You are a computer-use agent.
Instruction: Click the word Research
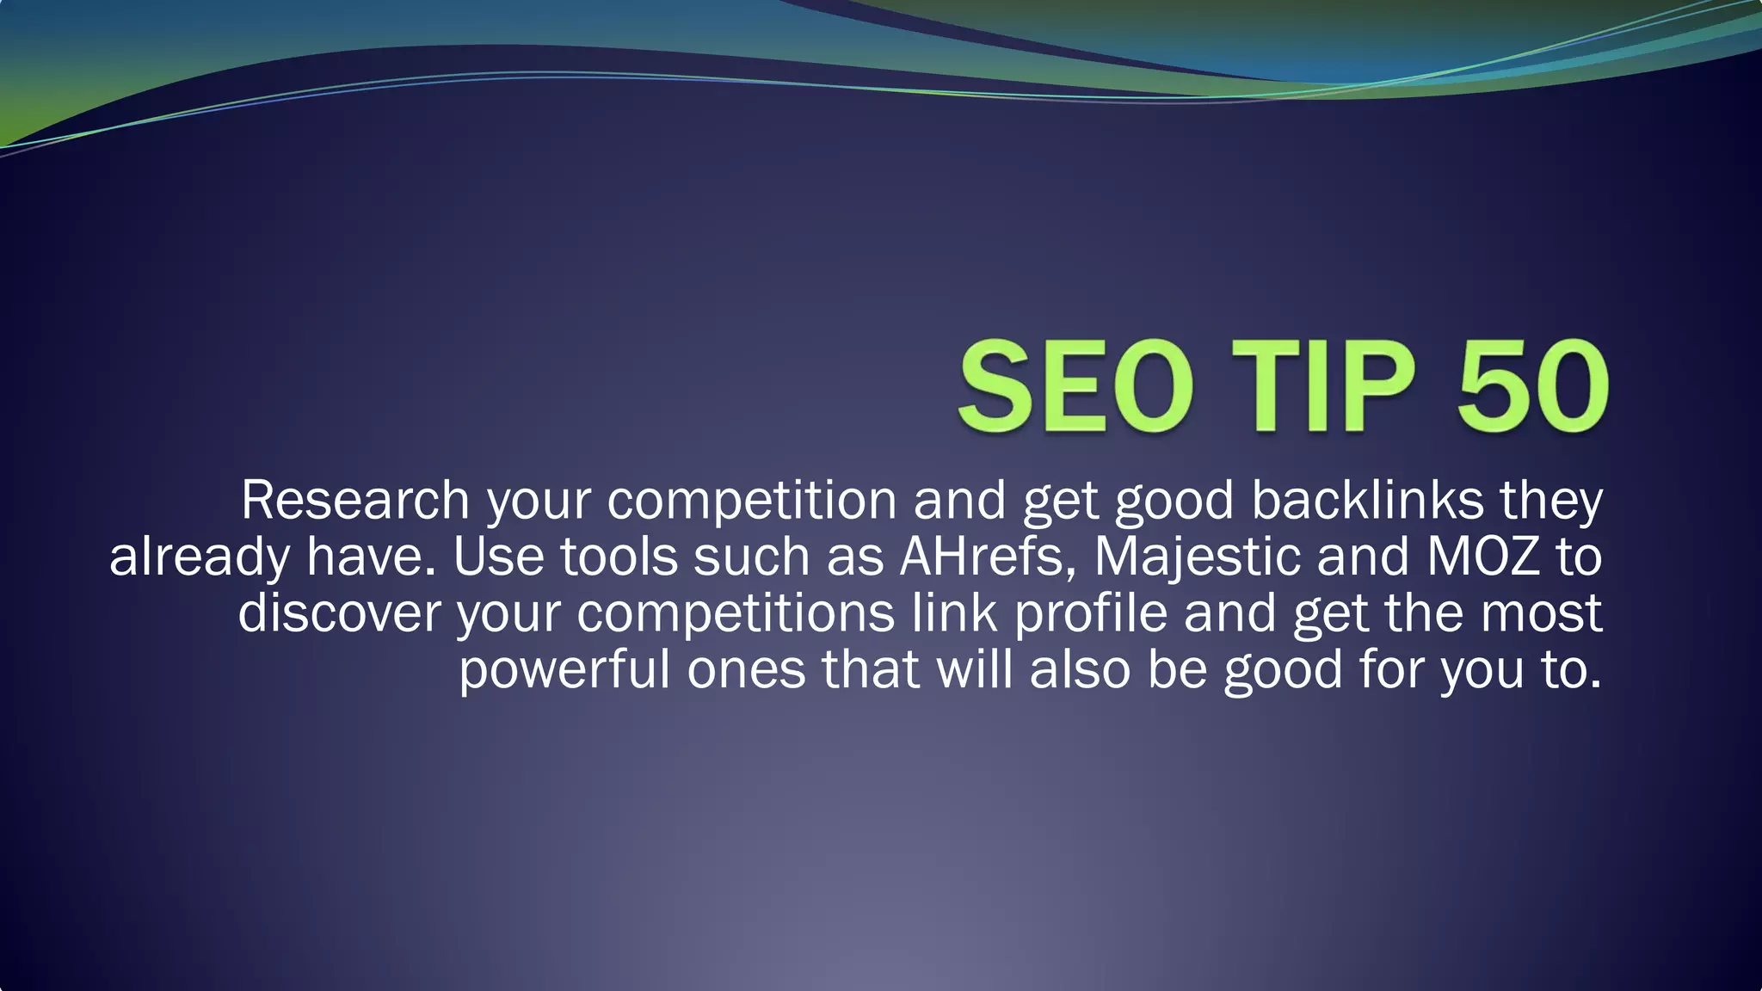tap(354, 500)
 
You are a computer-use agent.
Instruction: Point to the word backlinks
tap(1367, 500)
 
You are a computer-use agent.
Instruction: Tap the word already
tap(200, 557)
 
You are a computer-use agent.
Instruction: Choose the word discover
tap(339, 613)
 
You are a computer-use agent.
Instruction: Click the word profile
tap(1091, 613)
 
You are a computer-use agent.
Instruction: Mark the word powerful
tap(564, 670)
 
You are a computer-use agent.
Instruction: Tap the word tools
tap(619, 557)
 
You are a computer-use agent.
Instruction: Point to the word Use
tap(498, 557)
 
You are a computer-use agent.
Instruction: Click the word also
tap(1080, 670)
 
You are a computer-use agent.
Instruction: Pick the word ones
tap(746, 670)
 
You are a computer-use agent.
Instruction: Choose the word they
tap(1551, 500)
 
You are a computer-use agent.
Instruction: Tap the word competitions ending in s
tap(736, 613)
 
